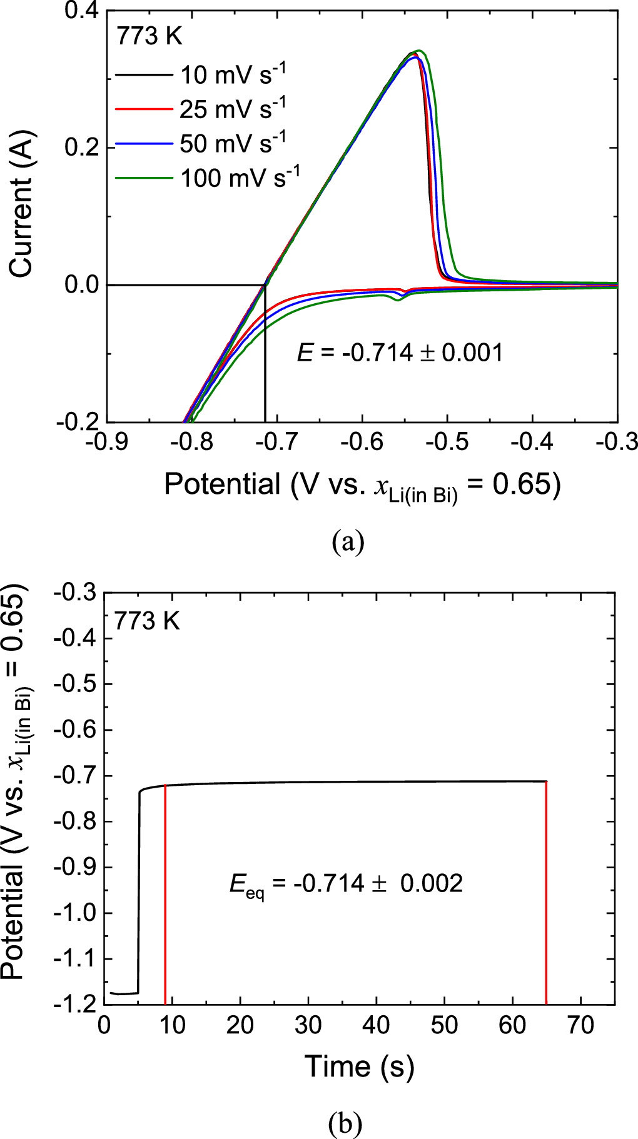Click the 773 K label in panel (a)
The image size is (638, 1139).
[x=149, y=37]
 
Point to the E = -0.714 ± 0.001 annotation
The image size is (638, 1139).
[x=400, y=353]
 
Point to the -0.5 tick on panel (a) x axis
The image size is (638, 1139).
[x=448, y=442]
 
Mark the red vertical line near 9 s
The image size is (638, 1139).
[x=165, y=894]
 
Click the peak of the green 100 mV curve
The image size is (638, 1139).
[x=420, y=51]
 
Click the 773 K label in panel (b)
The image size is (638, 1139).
[x=146, y=621]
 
